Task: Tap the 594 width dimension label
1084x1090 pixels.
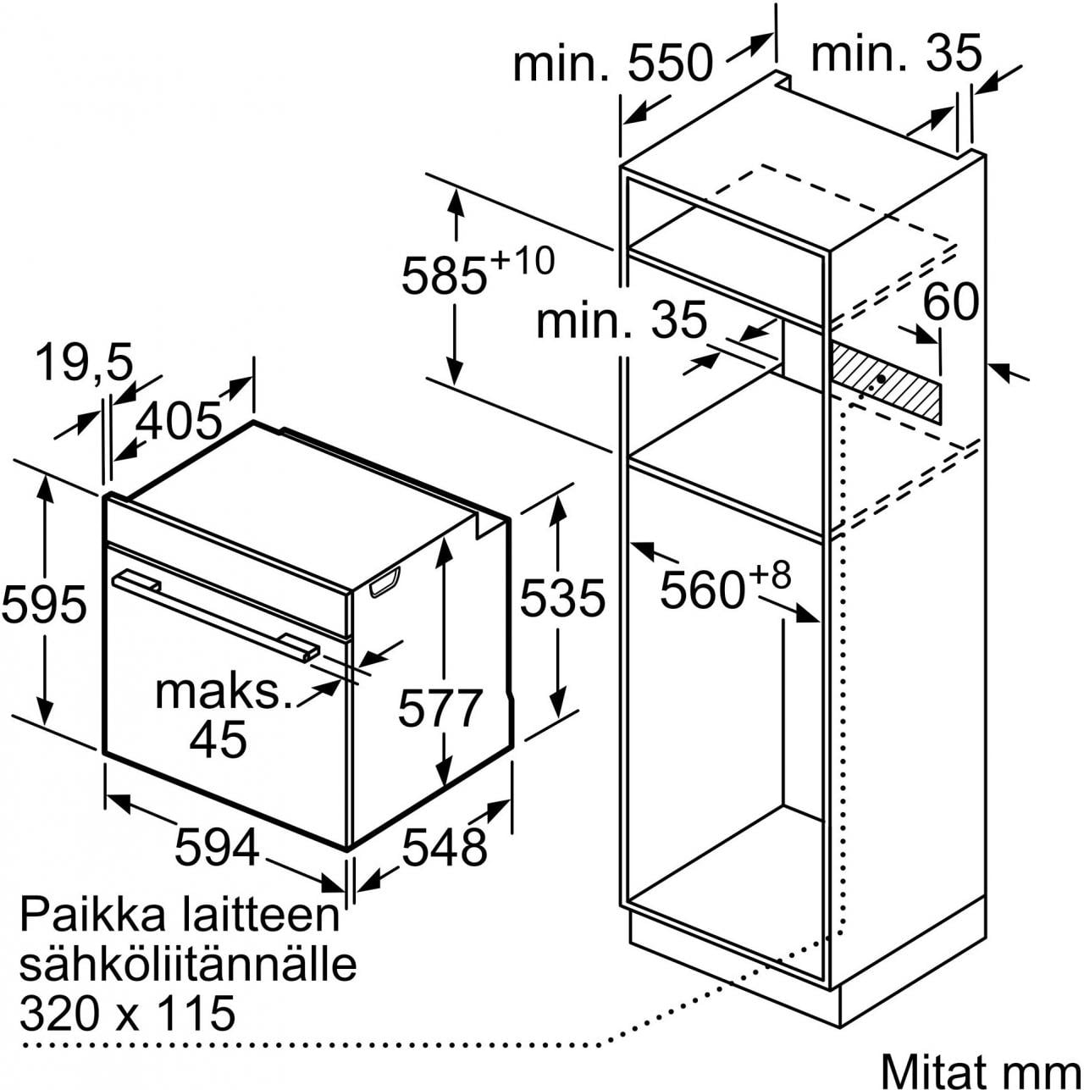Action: (218, 846)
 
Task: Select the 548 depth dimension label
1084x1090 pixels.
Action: (444, 846)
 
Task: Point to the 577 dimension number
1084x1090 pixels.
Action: (440, 708)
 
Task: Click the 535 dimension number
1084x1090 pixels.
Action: (561, 597)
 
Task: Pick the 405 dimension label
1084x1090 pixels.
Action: (180, 421)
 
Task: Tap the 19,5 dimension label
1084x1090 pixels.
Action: (85, 362)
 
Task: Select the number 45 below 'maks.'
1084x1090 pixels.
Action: (218, 739)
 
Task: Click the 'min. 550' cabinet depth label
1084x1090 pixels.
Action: (613, 64)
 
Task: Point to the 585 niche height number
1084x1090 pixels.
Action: (444, 275)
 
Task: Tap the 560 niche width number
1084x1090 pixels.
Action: (702, 590)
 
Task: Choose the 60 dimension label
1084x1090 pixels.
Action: (950, 302)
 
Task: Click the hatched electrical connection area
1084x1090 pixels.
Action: (885, 385)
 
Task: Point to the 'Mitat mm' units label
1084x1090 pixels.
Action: (981, 1068)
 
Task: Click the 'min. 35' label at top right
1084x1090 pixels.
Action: (896, 53)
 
